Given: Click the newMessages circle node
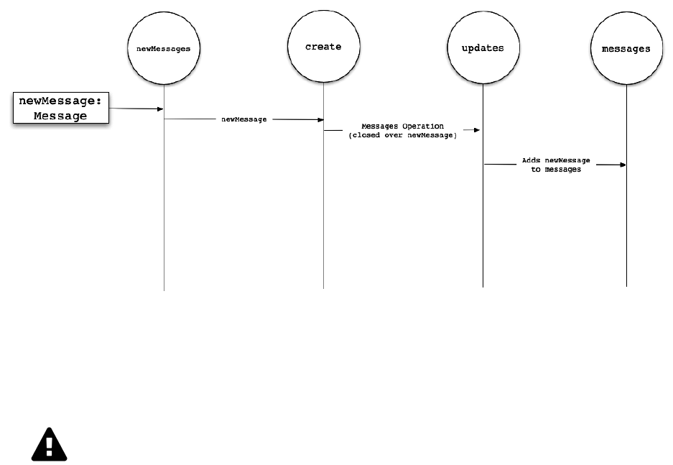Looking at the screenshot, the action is pyautogui.click(x=164, y=49).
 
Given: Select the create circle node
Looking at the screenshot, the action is pyautogui.click(x=323, y=47).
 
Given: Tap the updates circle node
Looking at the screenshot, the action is pyautogui.click(x=483, y=48).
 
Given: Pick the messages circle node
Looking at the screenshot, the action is pyautogui.click(x=626, y=49).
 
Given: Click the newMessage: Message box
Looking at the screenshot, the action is pyautogui.click(x=60, y=109).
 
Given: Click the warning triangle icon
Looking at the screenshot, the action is pyautogui.click(x=49, y=445).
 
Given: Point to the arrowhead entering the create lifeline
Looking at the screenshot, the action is pyautogui.click(x=320, y=120).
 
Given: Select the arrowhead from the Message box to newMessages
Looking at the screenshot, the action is pyautogui.click(x=160, y=109).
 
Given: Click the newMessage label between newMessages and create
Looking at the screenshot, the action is pyautogui.click(x=243, y=119).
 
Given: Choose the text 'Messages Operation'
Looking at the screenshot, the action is pyautogui.click(x=402, y=126).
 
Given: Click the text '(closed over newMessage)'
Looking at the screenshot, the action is pyautogui.click(x=402, y=135).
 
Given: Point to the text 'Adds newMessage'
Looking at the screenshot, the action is pyautogui.click(x=556, y=160).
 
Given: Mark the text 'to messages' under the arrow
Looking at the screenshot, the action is pyautogui.click(x=556, y=170).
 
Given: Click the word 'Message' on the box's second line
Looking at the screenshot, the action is pyautogui.click(x=60, y=116).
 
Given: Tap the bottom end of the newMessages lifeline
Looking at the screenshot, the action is pyautogui.click(x=164, y=289).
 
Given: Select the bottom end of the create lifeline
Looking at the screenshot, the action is pyautogui.click(x=323, y=287).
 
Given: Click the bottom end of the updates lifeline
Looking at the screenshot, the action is pyautogui.click(x=483, y=286).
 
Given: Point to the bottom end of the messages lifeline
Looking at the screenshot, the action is pyautogui.click(x=626, y=285).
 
